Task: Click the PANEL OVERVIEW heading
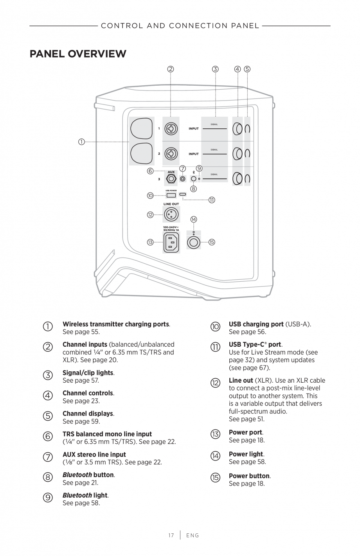[x=78, y=54]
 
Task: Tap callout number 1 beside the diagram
[x=81, y=142]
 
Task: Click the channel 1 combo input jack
[x=171, y=128]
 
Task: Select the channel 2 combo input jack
[x=171, y=153]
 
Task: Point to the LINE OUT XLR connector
[x=171, y=214]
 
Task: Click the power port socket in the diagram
[x=171, y=243]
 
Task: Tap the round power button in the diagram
[x=193, y=243]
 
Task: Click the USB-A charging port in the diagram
[x=171, y=195]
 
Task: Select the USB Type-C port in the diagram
[x=183, y=194]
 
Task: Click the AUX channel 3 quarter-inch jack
[x=171, y=179]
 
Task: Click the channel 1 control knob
[x=237, y=128]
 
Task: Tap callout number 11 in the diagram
[x=212, y=200]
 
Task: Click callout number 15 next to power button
[x=212, y=242]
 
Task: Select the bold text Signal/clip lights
[x=88, y=373]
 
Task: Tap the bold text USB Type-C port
[x=255, y=345]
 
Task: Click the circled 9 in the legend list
[x=47, y=497]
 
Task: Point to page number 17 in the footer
[x=171, y=535]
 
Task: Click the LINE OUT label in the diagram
[x=171, y=204]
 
